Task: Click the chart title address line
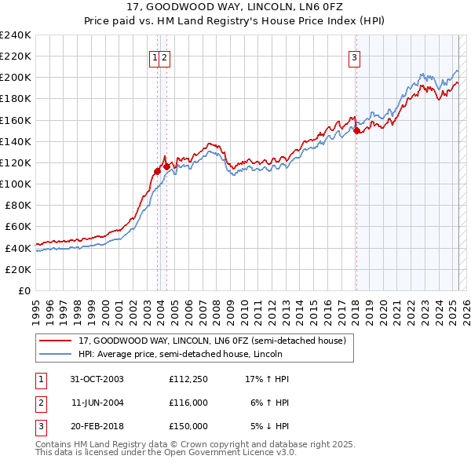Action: (235, 7)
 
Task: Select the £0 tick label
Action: (24, 290)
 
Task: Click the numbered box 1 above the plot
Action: (155, 57)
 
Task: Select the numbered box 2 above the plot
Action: (166, 57)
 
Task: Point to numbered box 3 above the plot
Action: (355, 57)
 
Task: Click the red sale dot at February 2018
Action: (356, 131)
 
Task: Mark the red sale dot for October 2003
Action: (158, 170)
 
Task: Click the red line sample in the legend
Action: (55, 341)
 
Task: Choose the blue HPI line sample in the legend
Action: (55, 354)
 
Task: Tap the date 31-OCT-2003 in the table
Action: (97, 379)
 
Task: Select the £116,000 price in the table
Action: (188, 403)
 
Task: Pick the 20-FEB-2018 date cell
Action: (97, 426)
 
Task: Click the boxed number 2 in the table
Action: (40, 403)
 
